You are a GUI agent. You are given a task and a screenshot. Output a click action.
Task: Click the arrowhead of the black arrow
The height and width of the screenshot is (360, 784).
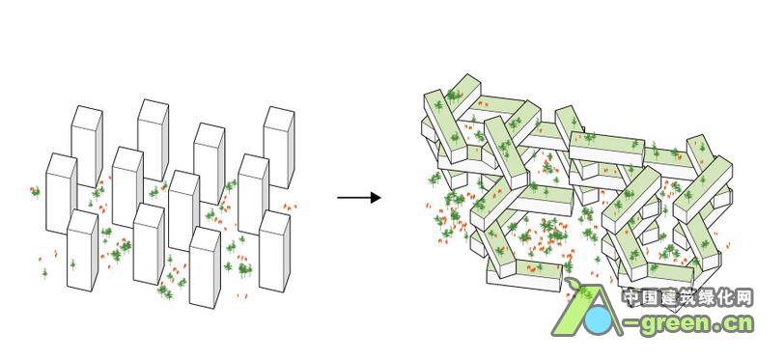point(376,198)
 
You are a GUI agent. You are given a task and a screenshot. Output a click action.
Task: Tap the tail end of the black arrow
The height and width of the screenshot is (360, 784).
point(338,198)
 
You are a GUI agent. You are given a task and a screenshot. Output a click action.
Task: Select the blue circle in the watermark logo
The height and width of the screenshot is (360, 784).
point(599,320)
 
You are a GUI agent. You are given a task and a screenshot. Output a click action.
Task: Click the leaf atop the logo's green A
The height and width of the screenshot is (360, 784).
point(573,285)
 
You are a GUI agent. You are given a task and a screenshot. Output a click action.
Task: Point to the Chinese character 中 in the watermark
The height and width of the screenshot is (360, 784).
point(631,298)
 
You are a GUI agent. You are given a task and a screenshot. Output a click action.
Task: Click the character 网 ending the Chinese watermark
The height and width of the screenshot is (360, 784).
point(742,298)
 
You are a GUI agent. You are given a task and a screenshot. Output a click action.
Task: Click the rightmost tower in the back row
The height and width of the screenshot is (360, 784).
point(279,147)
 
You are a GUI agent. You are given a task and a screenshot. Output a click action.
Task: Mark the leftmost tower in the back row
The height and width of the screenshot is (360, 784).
point(87,147)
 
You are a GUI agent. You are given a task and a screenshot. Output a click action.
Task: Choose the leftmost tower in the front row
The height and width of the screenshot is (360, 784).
point(82,250)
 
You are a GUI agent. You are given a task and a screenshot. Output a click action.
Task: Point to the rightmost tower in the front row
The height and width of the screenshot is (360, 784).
point(274,251)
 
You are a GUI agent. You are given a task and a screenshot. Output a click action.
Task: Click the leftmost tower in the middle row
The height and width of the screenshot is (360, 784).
point(62,193)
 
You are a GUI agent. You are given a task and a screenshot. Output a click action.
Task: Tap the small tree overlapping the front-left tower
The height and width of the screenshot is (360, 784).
point(72,264)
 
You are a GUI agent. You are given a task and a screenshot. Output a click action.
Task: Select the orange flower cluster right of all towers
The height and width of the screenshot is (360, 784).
point(289,207)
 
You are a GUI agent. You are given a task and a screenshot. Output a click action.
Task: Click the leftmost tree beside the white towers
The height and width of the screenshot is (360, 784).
point(35,191)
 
